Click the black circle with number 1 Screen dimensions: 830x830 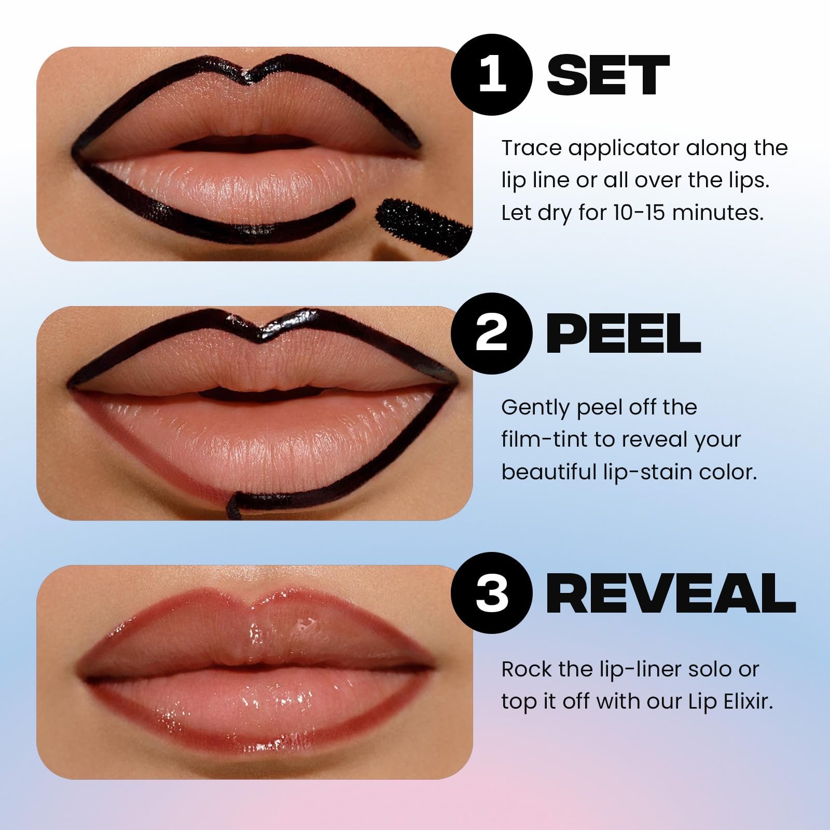coord(492,74)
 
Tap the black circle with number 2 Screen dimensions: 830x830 coord(492,333)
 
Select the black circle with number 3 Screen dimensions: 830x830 coord(492,592)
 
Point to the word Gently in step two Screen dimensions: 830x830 coord(534,408)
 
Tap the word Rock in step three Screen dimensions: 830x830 coord(525,670)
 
